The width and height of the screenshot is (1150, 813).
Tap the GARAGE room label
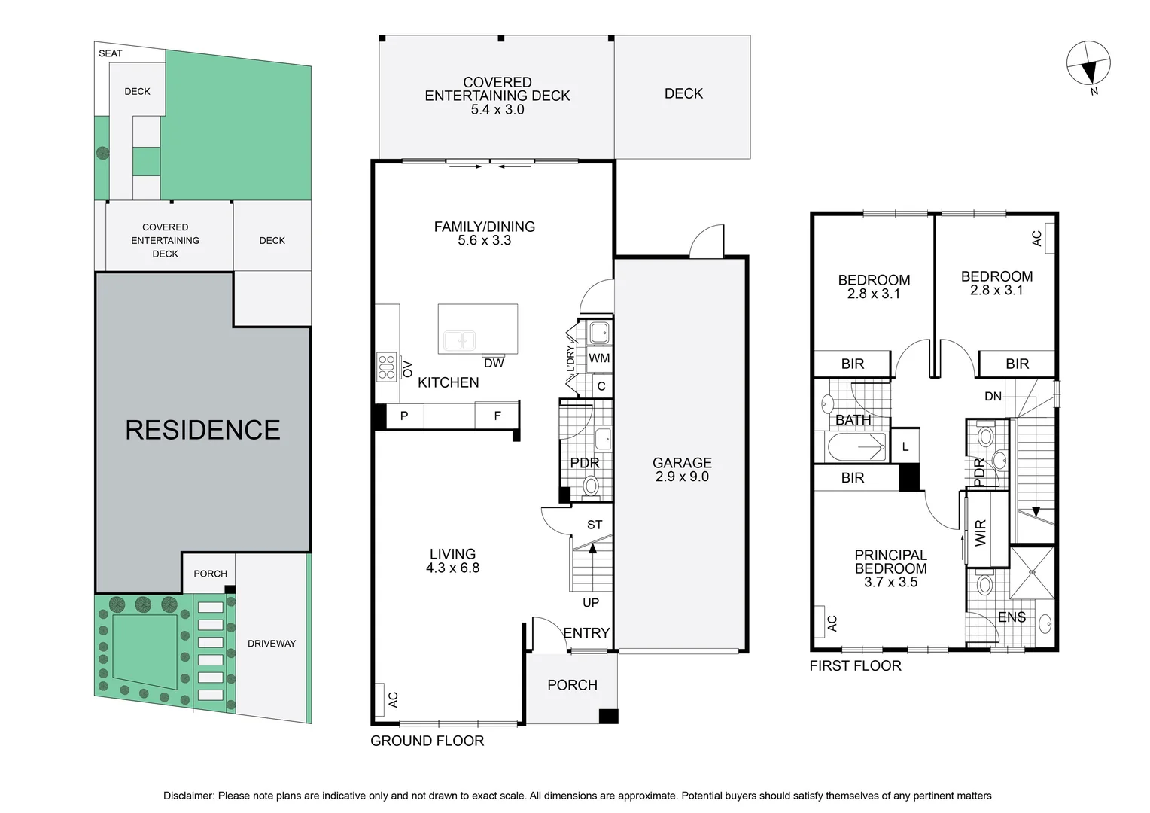tap(682, 463)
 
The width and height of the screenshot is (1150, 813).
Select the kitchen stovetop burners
tap(387, 367)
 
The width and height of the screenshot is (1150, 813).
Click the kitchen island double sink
tap(460, 340)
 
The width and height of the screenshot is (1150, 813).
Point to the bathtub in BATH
tap(856, 447)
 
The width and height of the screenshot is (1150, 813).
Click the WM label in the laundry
tap(599, 358)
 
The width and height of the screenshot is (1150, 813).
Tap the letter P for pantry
tap(404, 416)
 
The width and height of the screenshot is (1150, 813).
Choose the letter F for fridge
tap(497, 416)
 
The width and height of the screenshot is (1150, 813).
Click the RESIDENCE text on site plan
tap(202, 430)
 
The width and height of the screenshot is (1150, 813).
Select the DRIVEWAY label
tap(272, 644)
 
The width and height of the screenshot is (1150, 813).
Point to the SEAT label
tap(111, 53)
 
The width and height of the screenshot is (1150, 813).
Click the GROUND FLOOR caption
tap(427, 741)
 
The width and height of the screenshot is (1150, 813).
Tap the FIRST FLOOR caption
tap(855, 665)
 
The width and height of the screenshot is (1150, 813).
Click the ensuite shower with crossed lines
tap(1032, 572)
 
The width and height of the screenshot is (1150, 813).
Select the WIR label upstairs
tap(980, 532)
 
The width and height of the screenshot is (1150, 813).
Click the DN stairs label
tap(993, 397)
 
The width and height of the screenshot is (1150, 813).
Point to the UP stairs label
tap(591, 602)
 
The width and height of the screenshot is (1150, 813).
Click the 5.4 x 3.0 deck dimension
tap(497, 109)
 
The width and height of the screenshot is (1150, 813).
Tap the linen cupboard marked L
tap(905, 447)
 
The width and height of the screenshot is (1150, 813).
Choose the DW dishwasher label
tap(494, 363)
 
